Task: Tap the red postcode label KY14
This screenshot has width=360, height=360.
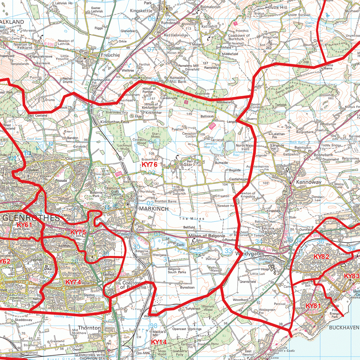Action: click(x=159, y=342)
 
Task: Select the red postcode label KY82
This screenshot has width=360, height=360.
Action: click(x=321, y=257)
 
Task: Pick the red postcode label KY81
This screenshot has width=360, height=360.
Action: click(x=313, y=306)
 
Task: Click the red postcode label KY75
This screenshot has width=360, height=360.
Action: click(x=78, y=232)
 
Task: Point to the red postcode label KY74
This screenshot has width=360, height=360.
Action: click(x=73, y=282)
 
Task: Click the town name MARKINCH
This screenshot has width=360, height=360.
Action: click(x=154, y=209)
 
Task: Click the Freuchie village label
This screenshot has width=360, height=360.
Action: click(x=110, y=55)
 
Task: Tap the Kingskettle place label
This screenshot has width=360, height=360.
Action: click(x=141, y=11)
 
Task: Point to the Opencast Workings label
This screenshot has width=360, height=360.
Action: click(x=187, y=329)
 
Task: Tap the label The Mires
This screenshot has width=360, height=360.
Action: click(x=192, y=219)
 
